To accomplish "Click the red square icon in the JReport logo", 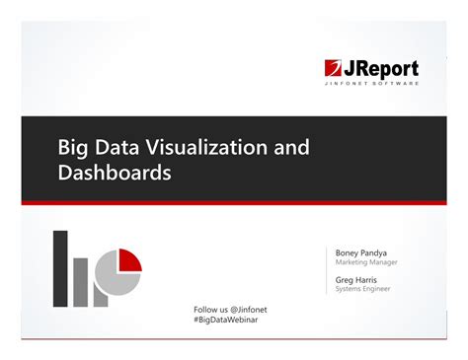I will click(x=334, y=69).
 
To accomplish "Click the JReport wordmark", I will click(x=381, y=69).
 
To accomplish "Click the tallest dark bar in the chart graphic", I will click(x=60, y=268).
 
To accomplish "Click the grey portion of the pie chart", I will click(x=117, y=280).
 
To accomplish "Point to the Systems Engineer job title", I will click(x=363, y=289).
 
